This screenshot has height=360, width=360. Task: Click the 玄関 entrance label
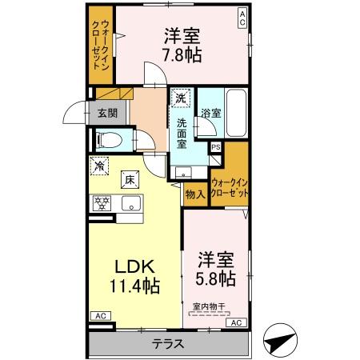(x=107, y=113)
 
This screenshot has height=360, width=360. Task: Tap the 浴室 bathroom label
(x=211, y=114)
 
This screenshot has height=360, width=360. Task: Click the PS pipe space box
(x=215, y=147)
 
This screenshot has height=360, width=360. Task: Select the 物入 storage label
(x=194, y=193)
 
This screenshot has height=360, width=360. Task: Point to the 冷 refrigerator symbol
(x=100, y=166)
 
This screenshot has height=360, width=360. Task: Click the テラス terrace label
(x=168, y=345)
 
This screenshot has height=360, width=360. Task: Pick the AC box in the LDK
(x=102, y=317)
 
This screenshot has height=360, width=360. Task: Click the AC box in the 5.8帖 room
(x=236, y=322)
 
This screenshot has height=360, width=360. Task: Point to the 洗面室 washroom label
(x=182, y=133)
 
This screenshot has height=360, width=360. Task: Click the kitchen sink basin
(x=129, y=204)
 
